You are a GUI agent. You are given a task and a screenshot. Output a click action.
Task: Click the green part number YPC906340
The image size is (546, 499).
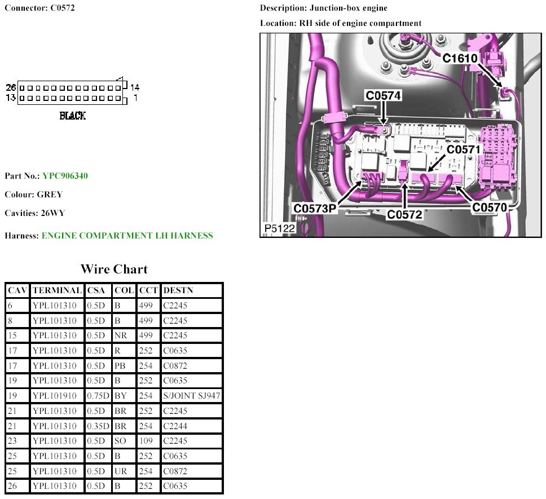pyautogui.click(x=65, y=176)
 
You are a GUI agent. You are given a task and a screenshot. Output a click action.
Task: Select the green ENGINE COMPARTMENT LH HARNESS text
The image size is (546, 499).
pyautogui.click(x=127, y=236)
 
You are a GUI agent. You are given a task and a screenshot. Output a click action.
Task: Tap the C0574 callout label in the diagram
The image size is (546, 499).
pyautogui.click(x=383, y=95)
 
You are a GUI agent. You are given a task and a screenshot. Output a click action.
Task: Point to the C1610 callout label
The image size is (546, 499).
pyautogui.click(x=460, y=58)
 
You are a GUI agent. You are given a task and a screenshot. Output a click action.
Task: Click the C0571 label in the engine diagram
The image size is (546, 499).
pyautogui.click(x=464, y=149)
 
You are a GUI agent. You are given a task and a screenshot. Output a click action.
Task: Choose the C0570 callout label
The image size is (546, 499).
pyautogui.click(x=489, y=207)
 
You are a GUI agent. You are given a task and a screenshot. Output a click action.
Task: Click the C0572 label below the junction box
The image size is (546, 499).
pyautogui.click(x=404, y=214)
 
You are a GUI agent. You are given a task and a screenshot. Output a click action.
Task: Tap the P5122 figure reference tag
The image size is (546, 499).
pyautogui.click(x=280, y=228)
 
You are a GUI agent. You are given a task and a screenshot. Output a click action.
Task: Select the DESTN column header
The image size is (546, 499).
pyautogui.click(x=178, y=290)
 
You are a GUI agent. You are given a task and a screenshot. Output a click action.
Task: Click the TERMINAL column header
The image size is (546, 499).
pyautogui.click(x=57, y=290)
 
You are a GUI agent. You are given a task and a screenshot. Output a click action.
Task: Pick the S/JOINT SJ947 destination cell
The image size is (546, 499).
pyautogui.click(x=192, y=396)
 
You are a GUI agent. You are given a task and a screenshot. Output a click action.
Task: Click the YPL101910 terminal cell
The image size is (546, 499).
pyautogui.click(x=54, y=396)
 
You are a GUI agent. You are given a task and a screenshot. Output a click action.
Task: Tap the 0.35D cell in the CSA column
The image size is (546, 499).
pyautogui.click(x=98, y=426)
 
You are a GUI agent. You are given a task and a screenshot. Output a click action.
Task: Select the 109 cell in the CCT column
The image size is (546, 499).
pyautogui.click(x=146, y=441)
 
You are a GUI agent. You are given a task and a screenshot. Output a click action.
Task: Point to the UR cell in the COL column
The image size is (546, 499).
pyautogui.click(x=121, y=471)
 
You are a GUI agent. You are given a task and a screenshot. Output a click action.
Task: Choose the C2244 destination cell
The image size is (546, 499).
pyautogui.click(x=175, y=426)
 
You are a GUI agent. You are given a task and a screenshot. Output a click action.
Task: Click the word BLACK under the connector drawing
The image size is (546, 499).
pyautogui.click(x=72, y=116)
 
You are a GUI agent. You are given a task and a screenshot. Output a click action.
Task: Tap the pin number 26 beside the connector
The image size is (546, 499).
pyautogui.click(x=11, y=87)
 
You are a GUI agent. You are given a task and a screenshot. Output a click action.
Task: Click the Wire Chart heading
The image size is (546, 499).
pyautogui.click(x=114, y=269)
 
